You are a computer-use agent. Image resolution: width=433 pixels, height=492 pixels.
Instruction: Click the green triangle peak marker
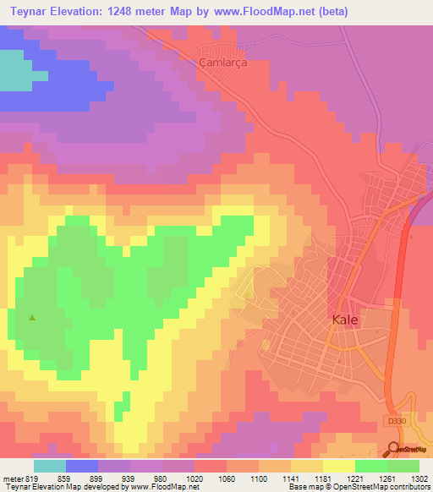pyautogui.click(x=32, y=318)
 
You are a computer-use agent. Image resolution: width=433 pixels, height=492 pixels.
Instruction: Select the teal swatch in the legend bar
pyautogui.click(x=50, y=467)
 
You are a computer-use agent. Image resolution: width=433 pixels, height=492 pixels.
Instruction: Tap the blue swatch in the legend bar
pyautogui.click(x=82, y=467)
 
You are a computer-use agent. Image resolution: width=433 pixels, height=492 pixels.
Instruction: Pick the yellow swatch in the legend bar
pyautogui.click(x=339, y=467)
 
